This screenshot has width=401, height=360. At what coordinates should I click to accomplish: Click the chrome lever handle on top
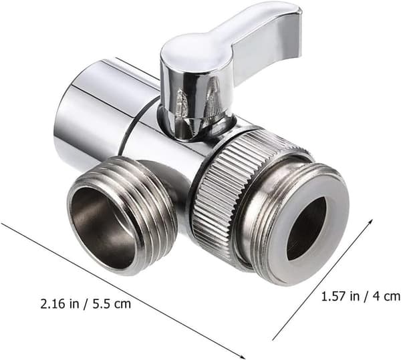(230, 43)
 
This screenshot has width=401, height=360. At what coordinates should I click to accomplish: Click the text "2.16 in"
(59, 305)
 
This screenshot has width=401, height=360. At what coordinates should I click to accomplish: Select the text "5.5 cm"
(112, 305)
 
